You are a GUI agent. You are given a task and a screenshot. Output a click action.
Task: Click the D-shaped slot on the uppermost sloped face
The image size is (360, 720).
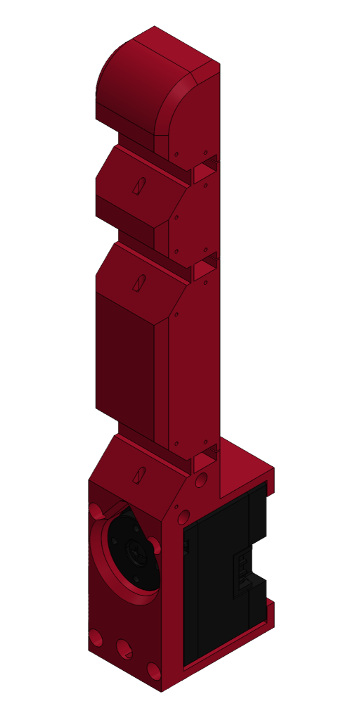[x=140, y=186]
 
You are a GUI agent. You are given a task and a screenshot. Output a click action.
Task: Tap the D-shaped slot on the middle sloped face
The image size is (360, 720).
[x=139, y=283]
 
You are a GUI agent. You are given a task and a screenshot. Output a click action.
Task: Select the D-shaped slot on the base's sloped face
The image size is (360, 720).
[x=140, y=475]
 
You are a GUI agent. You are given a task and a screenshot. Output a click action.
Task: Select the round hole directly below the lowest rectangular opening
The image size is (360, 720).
[x=202, y=481]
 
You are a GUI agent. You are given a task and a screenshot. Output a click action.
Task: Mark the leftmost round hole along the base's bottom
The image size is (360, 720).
[x=94, y=638]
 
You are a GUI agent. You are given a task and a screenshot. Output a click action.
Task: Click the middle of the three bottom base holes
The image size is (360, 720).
[x=124, y=649]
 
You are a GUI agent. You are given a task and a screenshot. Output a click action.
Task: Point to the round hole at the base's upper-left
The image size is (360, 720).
[x=95, y=510]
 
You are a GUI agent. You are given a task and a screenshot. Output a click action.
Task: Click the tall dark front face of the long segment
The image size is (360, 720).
[x=125, y=359]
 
